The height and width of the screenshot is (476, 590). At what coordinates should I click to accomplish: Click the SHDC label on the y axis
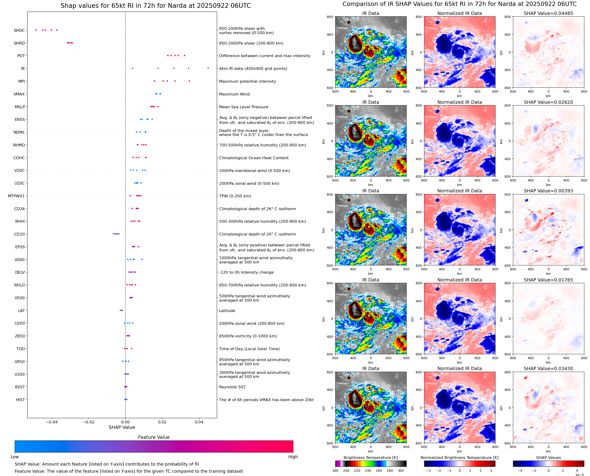click(19, 30)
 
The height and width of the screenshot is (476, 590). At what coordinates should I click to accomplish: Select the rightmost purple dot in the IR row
click(208, 68)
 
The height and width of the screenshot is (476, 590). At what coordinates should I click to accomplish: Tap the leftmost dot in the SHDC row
click(36, 30)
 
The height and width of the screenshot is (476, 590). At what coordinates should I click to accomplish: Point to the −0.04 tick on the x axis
click(52, 422)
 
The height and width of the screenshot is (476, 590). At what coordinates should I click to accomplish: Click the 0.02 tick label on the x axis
click(162, 422)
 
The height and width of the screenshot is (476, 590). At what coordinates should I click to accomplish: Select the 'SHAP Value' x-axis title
click(122, 427)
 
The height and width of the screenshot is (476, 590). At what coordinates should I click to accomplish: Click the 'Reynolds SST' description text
click(232, 387)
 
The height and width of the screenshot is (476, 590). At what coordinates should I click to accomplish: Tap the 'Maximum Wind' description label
click(234, 94)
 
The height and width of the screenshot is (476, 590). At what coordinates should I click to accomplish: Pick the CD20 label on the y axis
click(19, 234)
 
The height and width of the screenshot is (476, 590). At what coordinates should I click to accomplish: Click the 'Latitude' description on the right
click(227, 311)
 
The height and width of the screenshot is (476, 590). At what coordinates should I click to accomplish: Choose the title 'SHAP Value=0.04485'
click(548, 14)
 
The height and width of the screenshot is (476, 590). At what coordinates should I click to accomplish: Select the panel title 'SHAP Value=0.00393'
click(548, 191)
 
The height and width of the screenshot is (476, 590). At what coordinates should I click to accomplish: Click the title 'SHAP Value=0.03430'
click(548, 368)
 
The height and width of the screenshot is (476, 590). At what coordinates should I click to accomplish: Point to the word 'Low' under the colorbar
click(14, 457)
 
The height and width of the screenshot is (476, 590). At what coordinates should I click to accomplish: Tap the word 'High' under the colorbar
click(293, 457)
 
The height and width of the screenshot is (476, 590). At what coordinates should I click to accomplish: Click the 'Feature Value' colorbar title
click(154, 437)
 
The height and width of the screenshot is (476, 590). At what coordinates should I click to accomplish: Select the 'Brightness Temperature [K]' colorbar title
click(370, 458)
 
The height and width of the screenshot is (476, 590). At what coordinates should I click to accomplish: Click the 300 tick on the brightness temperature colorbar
click(401, 471)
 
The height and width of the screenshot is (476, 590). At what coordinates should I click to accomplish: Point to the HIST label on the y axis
click(21, 400)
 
